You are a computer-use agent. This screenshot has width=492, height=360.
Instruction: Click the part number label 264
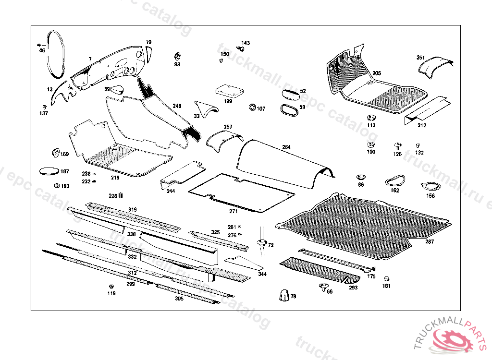(286, 147)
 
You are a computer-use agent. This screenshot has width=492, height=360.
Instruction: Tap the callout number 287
(429, 241)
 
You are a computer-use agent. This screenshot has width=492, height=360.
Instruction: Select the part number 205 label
(377, 73)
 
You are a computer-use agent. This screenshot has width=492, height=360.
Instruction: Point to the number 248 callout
(177, 106)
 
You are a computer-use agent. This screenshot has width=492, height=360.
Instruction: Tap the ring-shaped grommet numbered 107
(252, 107)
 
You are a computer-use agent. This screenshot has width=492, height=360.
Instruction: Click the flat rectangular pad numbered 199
(228, 90)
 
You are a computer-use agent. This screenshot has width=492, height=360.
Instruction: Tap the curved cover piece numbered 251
(435, 67)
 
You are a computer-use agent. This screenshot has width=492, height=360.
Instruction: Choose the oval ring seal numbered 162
(394, 181)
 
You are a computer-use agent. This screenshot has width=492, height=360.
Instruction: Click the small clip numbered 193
(56, 185)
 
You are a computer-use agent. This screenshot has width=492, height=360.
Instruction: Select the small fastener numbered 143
(242, 48)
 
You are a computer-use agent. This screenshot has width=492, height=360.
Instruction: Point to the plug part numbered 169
(54, 153)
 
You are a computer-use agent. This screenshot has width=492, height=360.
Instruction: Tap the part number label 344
(262, 274)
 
